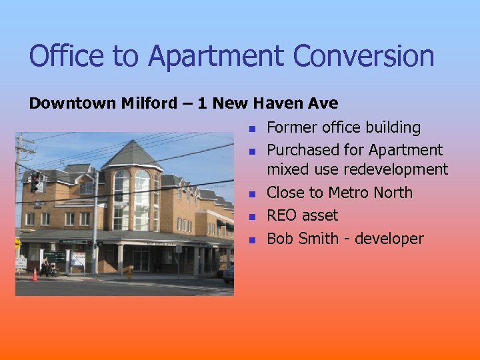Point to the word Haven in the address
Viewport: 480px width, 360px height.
click(275, 104)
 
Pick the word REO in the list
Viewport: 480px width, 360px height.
click(283, 216)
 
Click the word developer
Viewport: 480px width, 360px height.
click(389, 239)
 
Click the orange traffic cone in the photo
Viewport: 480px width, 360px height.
click(35, 274)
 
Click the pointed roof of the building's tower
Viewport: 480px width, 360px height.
click(131, 153)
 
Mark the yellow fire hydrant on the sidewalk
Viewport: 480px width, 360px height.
click(129, 273)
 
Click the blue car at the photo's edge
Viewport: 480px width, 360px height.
click(229, 271)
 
